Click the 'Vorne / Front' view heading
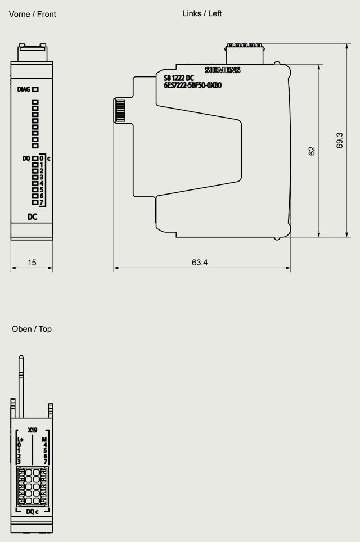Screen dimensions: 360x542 [32, 14]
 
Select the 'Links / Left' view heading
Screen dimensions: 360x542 [202, 13]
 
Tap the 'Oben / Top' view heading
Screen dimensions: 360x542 [32, 329]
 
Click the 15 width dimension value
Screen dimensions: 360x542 [32, 263]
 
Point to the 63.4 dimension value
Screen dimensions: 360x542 [200, 263]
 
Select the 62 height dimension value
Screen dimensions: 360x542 [312, 151]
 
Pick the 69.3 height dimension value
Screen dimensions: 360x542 [340, 141]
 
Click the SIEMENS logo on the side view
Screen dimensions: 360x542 [222, 70]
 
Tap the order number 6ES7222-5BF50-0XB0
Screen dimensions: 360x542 [192, 85]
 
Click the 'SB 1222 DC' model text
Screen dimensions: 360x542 [179, 79]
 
